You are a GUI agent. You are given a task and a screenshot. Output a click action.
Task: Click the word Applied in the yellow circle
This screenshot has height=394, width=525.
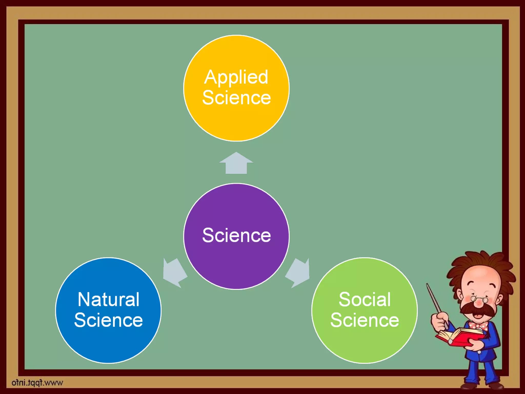[x=236, y=77]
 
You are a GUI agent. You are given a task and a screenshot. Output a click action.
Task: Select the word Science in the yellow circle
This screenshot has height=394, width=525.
[x=236, y=98]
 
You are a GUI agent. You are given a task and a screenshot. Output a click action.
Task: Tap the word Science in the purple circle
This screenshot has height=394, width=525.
[x=236, y=235]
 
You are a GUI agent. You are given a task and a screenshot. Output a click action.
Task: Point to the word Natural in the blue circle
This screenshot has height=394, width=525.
[x=108, y=299]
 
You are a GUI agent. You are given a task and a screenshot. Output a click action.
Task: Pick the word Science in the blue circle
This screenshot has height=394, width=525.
[x=108, y=320]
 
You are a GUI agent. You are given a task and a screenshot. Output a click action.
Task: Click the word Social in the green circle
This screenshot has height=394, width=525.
[x=365, y=299]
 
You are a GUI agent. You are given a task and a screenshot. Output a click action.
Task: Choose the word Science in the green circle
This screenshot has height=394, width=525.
[x=365, y=320]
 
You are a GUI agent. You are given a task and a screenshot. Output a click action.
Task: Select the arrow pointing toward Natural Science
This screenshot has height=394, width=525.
[x=174, y=272]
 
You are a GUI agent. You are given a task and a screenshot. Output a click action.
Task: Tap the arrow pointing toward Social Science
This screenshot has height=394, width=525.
[x=298, y=272]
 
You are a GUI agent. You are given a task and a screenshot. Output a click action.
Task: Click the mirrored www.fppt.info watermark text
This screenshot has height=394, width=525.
[x=37, y=383]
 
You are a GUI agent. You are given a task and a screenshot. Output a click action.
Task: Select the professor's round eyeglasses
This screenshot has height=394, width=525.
[x=479, y=299]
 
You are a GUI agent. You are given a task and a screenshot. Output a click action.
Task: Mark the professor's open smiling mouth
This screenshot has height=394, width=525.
[x=478, y=315]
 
